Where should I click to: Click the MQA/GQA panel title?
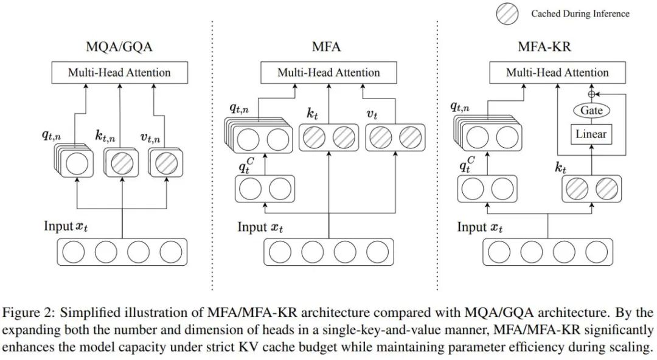point(119,47)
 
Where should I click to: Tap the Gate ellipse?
point(591,111)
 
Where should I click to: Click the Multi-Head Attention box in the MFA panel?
point(328,73)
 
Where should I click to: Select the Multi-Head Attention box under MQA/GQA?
point(119,73)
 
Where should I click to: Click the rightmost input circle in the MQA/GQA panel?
point(171,252)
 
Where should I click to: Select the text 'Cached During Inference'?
point(580,13)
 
